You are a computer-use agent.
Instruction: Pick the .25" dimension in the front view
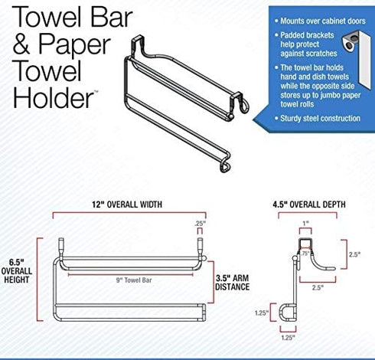coord(201,223)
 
